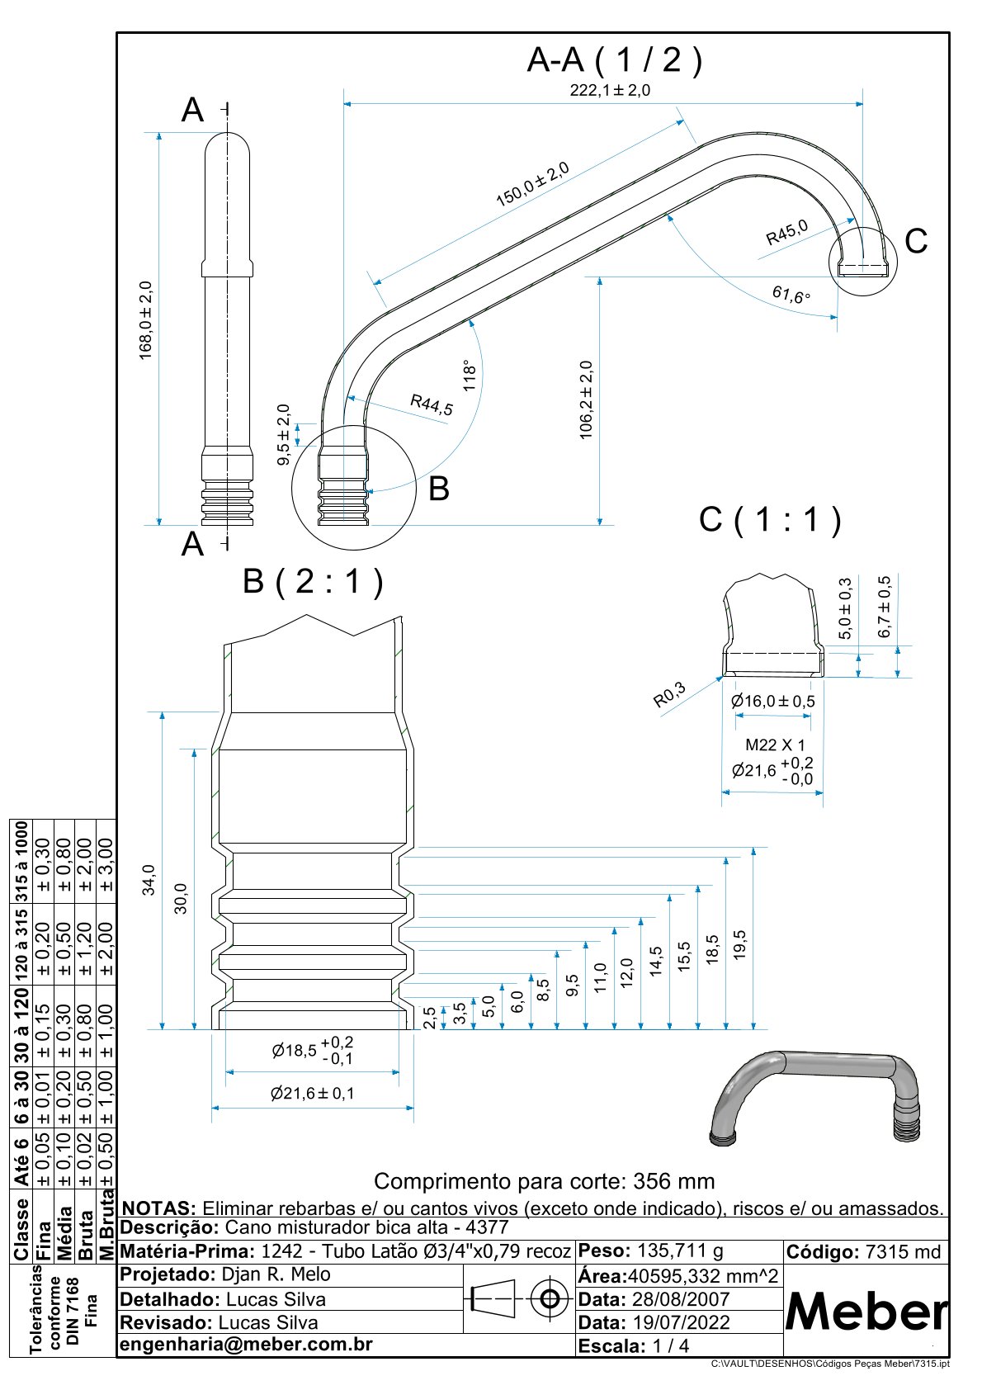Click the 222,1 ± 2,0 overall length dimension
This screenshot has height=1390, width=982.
[x=609, y=91]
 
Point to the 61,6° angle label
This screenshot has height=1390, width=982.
[x=791, y=294]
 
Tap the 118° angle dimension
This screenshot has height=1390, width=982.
[x=470, y=375]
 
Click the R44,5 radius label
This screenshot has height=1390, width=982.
[x=432, y=404]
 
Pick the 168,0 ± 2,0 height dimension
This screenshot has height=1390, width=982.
[x=146, y=320]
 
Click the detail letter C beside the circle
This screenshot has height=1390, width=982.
[x=916, y=241]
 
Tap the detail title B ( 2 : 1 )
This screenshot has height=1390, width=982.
[x=313, y=582]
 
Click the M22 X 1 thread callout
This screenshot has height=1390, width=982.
[x=774, y=745]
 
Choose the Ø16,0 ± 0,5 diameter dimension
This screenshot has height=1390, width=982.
[x=772, y=702]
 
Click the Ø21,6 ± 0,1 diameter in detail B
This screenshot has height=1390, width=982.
[x=312, y=1094]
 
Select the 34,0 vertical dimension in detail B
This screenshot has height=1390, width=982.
[x=149, y=879]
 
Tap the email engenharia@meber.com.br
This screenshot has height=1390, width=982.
[x=247, y=1345]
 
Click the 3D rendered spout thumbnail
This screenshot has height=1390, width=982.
[x=814, y=1098]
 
